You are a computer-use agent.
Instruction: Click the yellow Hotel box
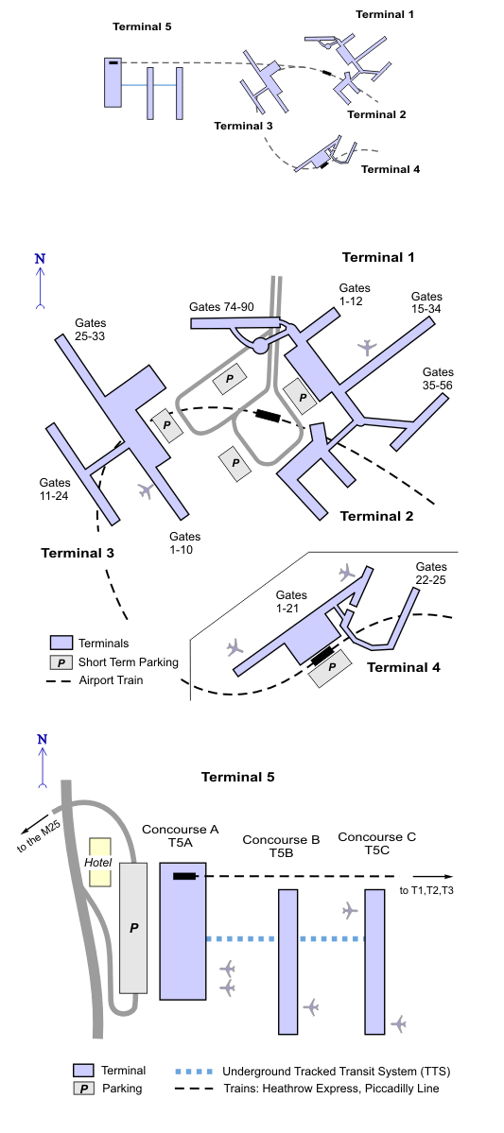(x=100, y=862)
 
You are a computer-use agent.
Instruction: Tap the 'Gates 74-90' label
(x=221, y=307)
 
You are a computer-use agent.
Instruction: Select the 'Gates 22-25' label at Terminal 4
(x=431, y=573)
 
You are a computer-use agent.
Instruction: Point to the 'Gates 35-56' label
(x=438, y=379)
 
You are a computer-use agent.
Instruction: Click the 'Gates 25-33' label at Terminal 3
(x=91, y=330)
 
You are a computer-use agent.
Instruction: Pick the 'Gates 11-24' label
(x=55, y=489)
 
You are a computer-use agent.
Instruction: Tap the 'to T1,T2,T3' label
(x=426, y=890)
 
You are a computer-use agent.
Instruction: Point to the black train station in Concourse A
(x=184, y=877)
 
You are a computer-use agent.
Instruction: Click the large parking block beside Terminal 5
(x=133, y=928)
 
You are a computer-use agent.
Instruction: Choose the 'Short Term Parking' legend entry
(x=128, y=661)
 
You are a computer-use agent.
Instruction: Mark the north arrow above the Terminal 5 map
(x=42, y=762)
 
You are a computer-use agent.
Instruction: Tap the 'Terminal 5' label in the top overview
(x=142, y=26)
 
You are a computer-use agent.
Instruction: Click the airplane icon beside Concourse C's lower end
(x=398, y=1024)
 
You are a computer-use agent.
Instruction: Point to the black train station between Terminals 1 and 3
(x=268, y=416)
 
